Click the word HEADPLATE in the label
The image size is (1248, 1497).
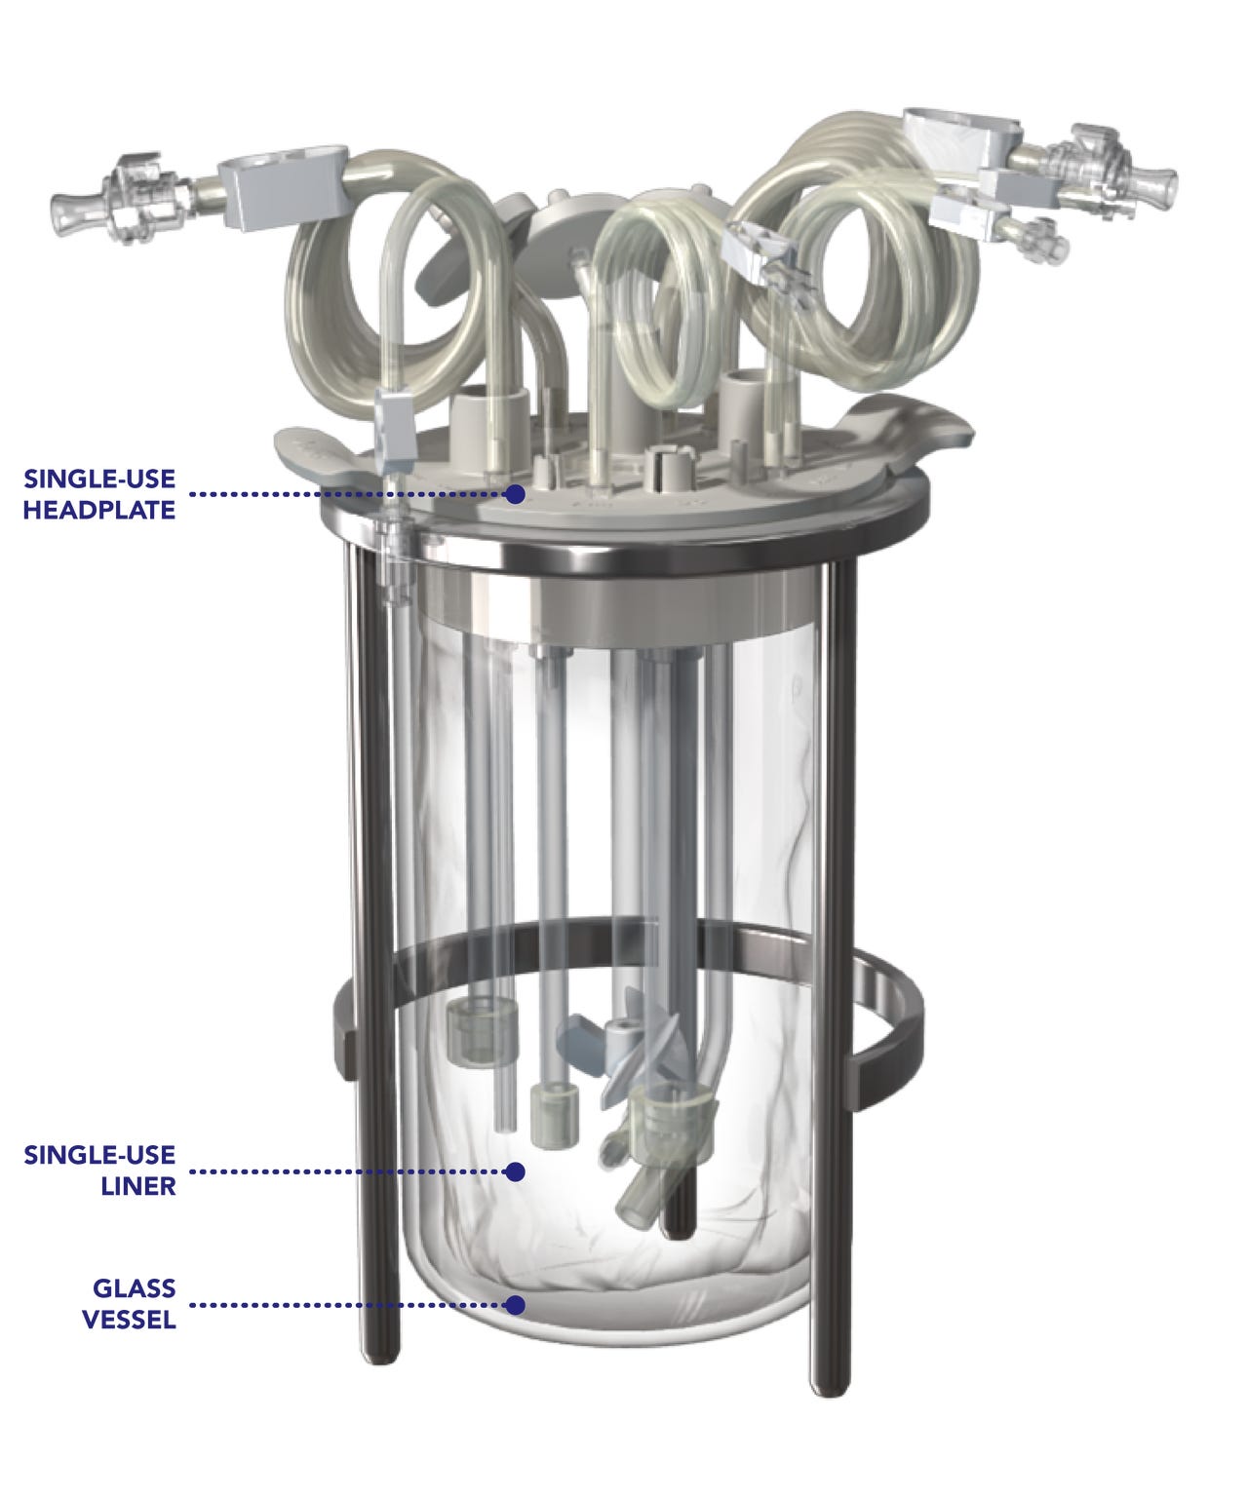[x=98, y=510]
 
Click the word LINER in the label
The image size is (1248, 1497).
[x=137, y=1186]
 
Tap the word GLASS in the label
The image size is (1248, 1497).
[x=134, y=1288]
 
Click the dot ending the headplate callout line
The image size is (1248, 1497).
[x=516, y=494]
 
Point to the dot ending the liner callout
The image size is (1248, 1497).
[x=516, y=1171]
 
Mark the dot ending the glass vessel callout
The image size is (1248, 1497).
[x=516, y=1304]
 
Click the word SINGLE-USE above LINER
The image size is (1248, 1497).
[x=99, y=1156]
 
